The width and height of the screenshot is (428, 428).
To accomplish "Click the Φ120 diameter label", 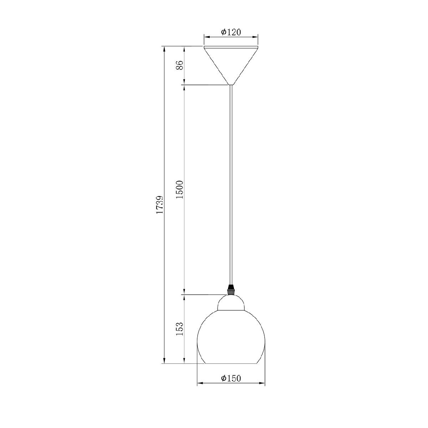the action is point(231,32).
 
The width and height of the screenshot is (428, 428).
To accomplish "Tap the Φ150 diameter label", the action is point(231,378).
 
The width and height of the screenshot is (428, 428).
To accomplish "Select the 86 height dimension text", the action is point(180,65).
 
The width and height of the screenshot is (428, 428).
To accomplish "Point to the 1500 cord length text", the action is point(180,189).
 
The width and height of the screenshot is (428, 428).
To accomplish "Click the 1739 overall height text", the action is point(160,205).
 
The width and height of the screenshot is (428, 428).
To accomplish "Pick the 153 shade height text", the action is point(180,328).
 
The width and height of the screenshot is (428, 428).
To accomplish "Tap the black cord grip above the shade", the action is point(231,290).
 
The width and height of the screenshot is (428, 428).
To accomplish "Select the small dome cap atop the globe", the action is point(231,302).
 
